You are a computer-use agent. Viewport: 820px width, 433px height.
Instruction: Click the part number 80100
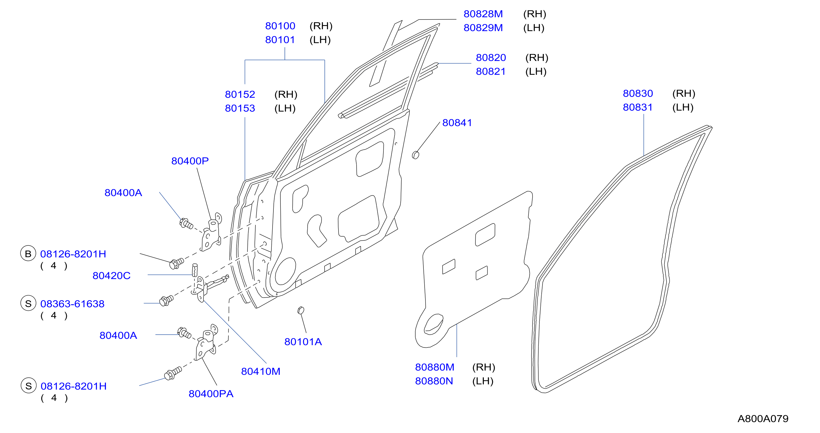pyautogui.click(x=280, y=26)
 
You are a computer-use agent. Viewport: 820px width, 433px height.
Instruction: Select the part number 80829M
pyautogui.click(x=483, y=28)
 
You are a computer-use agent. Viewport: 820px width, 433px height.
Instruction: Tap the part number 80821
pyautogui.click(x=491, y=71)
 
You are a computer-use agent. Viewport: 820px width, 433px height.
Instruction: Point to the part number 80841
pyautogui.click(x=457, y=123)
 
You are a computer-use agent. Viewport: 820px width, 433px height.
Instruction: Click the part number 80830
pyautogui.click(x=638, y=93)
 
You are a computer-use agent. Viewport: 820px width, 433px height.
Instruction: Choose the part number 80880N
pyautogui.click(x=434, y=381)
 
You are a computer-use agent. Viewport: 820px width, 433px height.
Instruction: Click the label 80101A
pyautogui.click(x=303, y=342)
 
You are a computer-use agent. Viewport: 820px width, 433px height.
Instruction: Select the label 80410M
pyautogui.click(x=261, y=371)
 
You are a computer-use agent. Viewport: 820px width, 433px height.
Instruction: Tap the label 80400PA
pyautogui.click(x=211, y=394)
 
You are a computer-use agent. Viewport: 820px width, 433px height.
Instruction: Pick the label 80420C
pyautogui.click(x=111, y=275)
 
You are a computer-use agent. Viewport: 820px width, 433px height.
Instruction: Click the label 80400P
pyautogui.click(x=190, y=161)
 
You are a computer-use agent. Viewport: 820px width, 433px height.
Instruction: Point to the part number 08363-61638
pyautogui.click(x=72, y=304)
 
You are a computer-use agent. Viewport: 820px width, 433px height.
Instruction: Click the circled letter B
pyautogui.click(x=28, y=254)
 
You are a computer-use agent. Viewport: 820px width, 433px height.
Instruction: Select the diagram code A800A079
pyautogui.click(x=763, y=418)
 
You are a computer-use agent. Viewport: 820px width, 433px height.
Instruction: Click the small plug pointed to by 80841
pyautogui.click(x=416, y=155)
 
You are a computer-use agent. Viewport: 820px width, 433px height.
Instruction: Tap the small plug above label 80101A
pyautogui.click(x=301, y=310)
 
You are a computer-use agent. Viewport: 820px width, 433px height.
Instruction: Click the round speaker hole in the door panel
pyautogui.click(x=285, y=271)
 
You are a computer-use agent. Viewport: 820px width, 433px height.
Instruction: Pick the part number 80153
pyautogui.click(x=240, y=108)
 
